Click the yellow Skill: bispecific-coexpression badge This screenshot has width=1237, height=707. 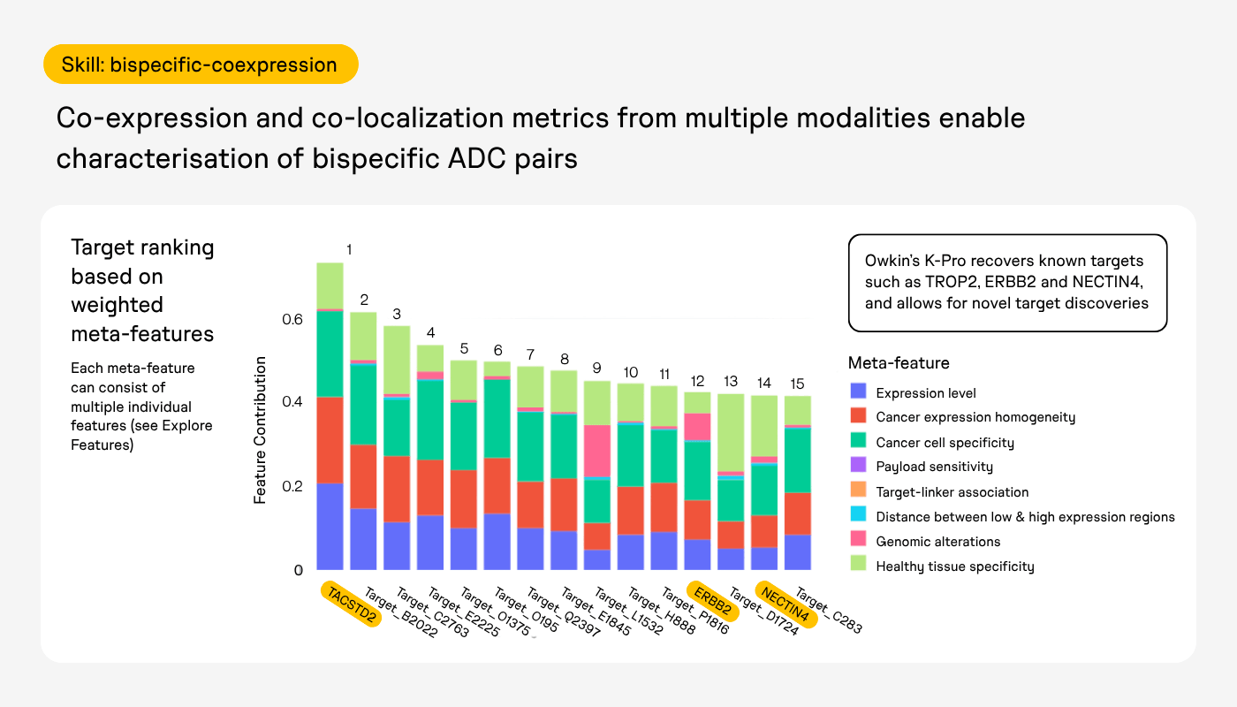click(201, 64)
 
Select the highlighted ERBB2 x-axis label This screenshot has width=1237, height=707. click(713, 601)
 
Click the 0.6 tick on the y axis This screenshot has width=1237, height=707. click(292, 319)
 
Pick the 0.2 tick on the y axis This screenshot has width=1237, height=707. click(292, 486)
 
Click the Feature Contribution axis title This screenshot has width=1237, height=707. click(260, 430)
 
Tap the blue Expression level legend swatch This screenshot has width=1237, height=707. click(858, 391)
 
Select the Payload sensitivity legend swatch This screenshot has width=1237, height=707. click(858, 465)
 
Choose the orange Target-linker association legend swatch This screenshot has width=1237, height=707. click(858, 490)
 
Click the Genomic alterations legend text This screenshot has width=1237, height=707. click(937, 541)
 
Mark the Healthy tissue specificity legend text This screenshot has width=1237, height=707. click(955, 566)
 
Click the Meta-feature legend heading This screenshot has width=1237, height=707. click(899, 363)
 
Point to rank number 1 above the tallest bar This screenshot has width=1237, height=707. click(349, 249)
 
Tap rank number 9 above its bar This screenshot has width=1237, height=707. click(597, 368)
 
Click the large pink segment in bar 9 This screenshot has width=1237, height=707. click(597, 451)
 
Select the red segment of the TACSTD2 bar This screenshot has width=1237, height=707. click(330, 440)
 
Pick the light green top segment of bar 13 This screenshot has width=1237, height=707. click(731, 432)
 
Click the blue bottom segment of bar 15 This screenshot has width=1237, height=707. click(797, 552)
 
